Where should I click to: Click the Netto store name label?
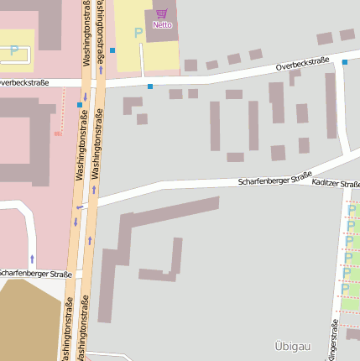(x=162, y=25)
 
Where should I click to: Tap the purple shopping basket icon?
(x=161, y=14)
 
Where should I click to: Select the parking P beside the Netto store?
(x=138, y=34)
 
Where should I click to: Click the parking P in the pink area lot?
(x=14, y=50)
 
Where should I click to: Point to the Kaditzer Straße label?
(x=336, y=183)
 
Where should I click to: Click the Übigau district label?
(x=291, y=345)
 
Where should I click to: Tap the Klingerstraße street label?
(x=334, y=340)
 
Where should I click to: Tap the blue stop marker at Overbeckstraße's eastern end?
(x=344, y=61)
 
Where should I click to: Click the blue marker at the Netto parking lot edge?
(x=112, y=50)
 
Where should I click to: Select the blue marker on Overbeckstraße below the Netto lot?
(x=150, y=86)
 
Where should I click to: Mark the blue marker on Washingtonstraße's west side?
(x=80, y=105)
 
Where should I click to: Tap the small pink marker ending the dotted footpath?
(x=58, y=133)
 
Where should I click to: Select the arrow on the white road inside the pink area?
(x=32, y=259)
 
